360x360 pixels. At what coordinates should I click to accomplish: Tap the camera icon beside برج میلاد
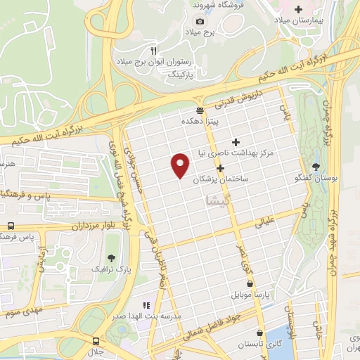[x=200, y=21]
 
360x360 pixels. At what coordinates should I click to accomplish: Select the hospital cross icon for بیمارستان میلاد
[x=298, y=9]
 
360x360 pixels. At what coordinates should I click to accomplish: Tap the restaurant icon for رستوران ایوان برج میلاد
[x=154, y=51]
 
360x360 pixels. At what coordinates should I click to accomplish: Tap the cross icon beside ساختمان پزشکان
[x=221, y=168]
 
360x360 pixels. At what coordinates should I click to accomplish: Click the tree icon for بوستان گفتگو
[x=314, y=167]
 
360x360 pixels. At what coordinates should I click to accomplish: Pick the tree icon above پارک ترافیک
[x=110, y=258]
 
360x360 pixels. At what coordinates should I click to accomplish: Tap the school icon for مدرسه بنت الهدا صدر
[x=146, y=305]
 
